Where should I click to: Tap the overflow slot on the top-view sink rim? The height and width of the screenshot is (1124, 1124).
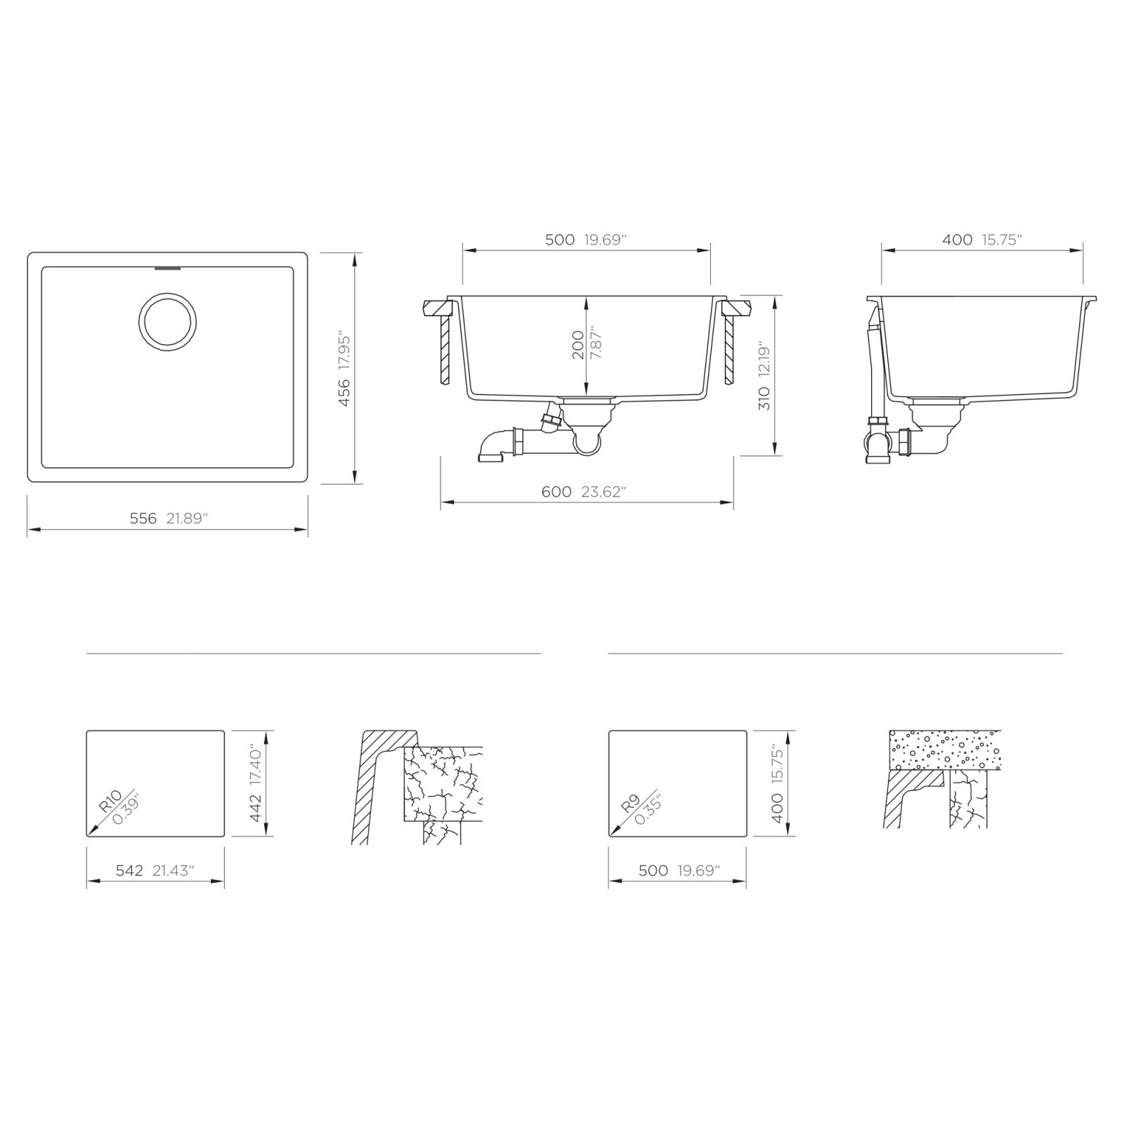(167, 268)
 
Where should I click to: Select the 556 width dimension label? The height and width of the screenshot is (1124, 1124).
(143, 518)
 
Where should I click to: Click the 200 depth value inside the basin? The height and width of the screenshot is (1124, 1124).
(578, 345)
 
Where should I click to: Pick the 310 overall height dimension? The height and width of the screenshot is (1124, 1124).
(765, 398)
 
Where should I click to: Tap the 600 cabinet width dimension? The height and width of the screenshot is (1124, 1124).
(556, 492)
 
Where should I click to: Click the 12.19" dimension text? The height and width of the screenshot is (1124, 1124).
(765, 360)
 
